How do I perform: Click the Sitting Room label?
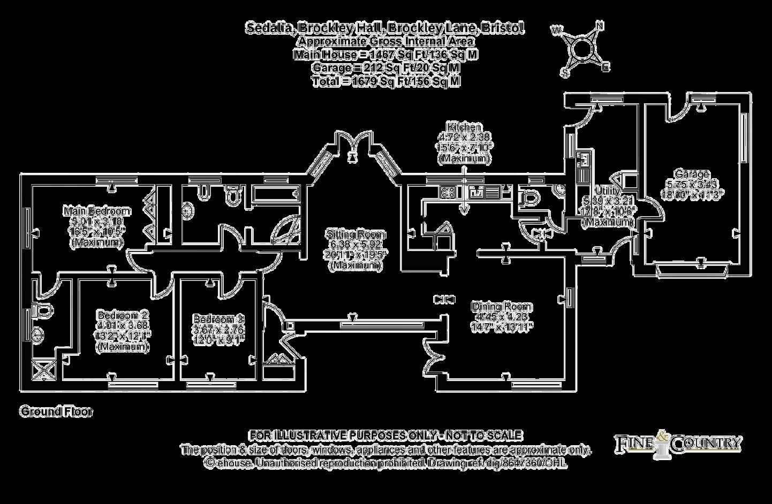pos(355,234)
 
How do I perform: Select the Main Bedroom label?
pos(97,210)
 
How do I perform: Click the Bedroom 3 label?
pos(218,319)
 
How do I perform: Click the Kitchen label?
pos(464,127)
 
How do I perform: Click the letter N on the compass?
pos(600,25)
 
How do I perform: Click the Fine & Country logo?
pos(677,442)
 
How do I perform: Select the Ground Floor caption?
pos(56,411)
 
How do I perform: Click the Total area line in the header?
pos(385,81)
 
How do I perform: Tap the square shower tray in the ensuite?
pos(40,370)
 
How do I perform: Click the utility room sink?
pos(584,158)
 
